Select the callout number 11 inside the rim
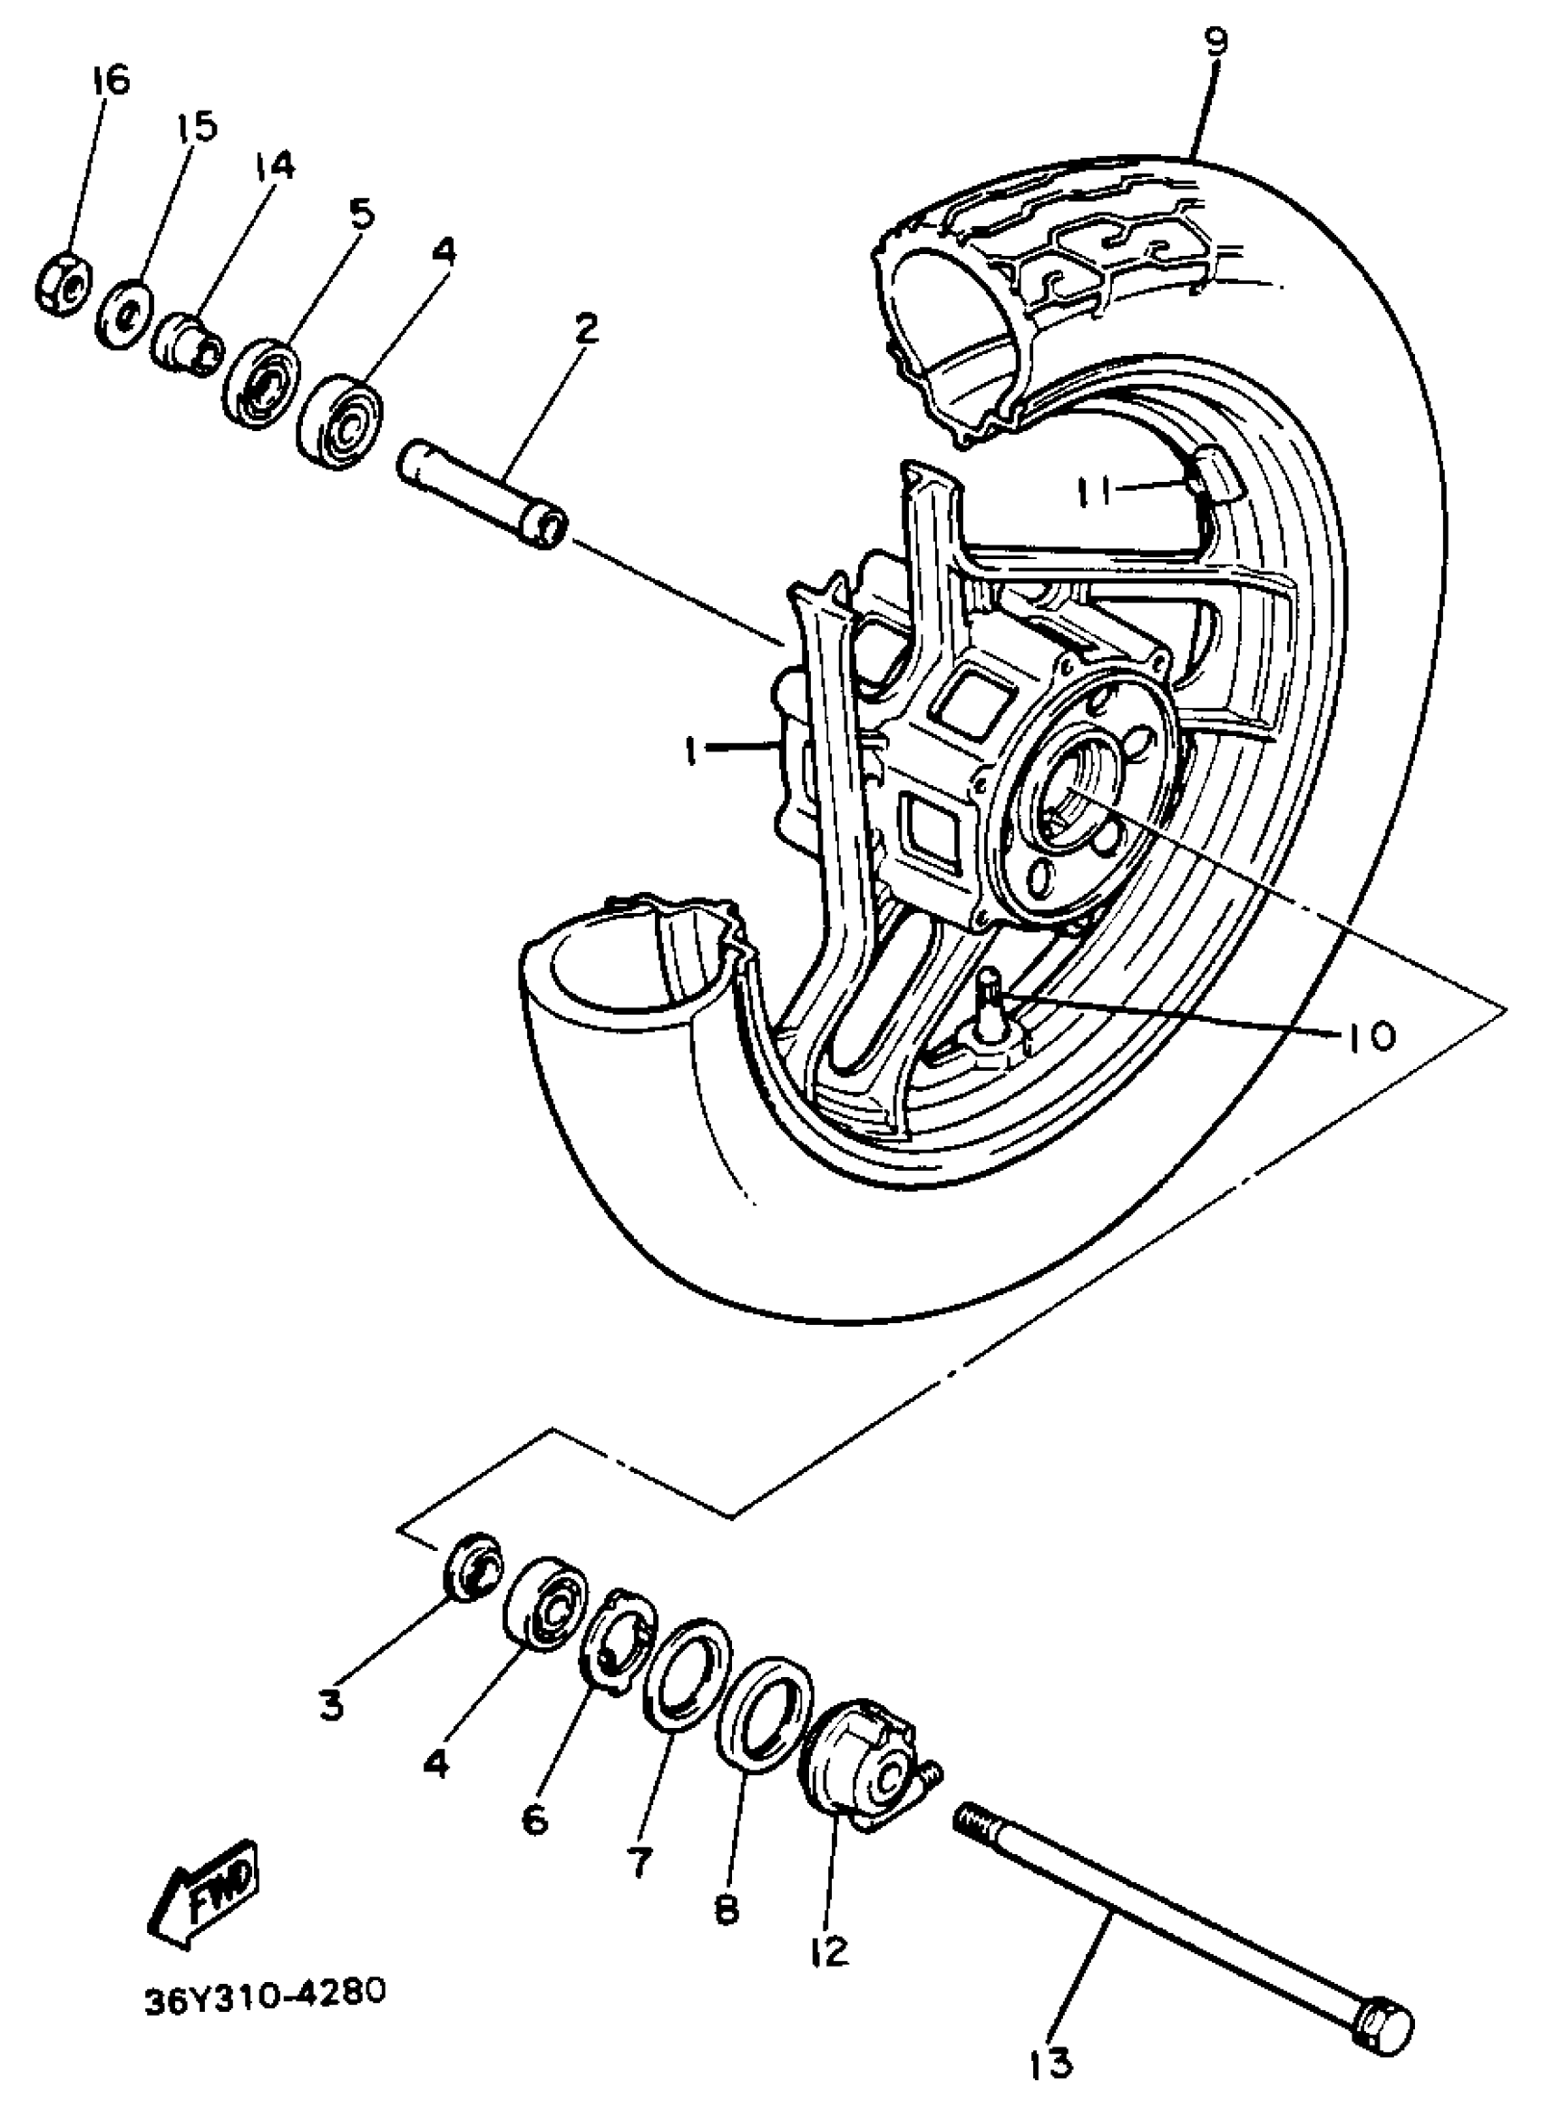[x=1098, y=490]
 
